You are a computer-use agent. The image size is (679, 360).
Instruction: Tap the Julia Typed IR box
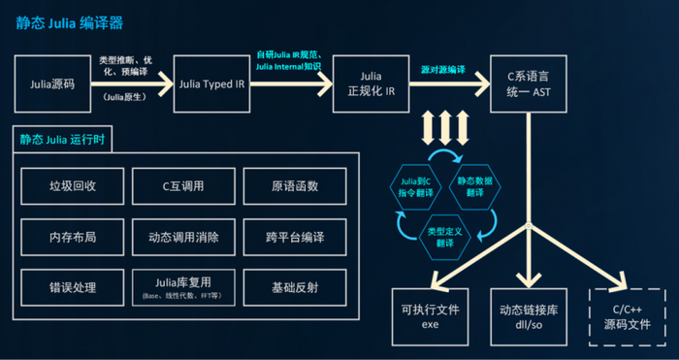pos(211,83)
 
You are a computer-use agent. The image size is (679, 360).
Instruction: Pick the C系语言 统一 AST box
pos(529,83)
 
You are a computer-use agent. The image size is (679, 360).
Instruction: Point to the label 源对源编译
pos(442,71)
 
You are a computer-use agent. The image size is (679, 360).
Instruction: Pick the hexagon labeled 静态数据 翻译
pos(472,182)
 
